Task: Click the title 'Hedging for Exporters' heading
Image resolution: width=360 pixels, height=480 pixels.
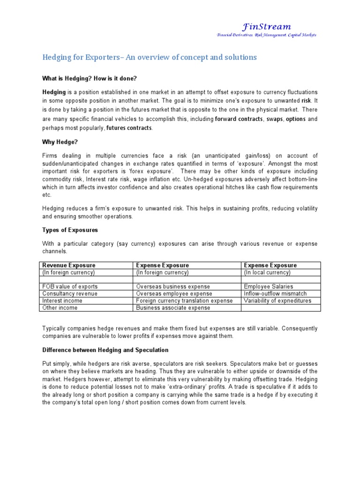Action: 150,57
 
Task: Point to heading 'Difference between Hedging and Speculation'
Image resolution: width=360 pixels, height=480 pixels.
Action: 105,350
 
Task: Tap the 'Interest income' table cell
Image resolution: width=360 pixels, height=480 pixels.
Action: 62,300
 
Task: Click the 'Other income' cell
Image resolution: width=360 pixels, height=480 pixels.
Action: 60,308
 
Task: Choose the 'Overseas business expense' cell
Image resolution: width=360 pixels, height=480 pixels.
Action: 173,286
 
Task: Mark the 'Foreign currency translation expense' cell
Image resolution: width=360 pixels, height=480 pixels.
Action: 184,300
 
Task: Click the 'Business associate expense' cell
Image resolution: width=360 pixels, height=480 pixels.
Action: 173,308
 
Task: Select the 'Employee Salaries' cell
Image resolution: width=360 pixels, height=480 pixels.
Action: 269,286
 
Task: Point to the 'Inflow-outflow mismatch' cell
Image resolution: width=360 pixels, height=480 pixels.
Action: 275,293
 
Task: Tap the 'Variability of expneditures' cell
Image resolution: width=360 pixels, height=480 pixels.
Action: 277,300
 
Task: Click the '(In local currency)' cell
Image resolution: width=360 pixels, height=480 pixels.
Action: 267,272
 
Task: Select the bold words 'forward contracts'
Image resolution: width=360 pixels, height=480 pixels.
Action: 239,119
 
